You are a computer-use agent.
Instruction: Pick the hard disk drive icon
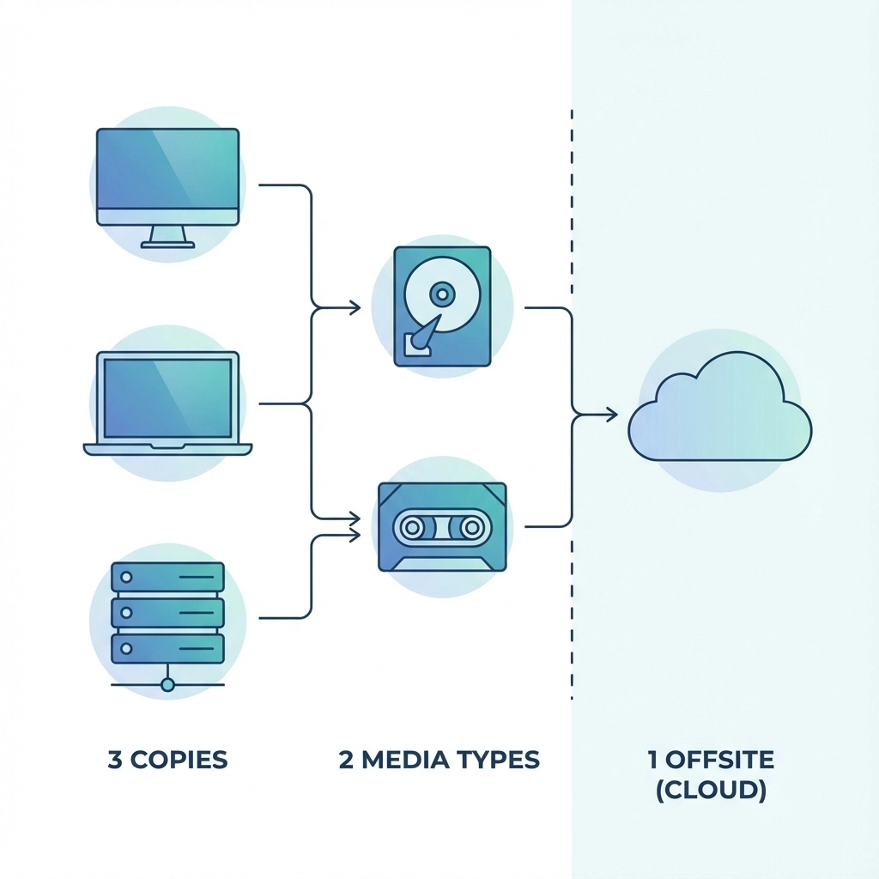442,307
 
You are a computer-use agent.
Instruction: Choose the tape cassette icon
442,526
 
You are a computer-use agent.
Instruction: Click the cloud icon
719,409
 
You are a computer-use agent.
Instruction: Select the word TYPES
497,760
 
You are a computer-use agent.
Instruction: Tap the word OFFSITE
718,760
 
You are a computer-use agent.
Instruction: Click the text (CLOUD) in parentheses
711,791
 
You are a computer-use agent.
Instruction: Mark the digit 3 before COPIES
115,760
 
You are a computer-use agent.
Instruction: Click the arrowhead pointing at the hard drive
355,307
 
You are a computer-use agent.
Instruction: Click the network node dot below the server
167,685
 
